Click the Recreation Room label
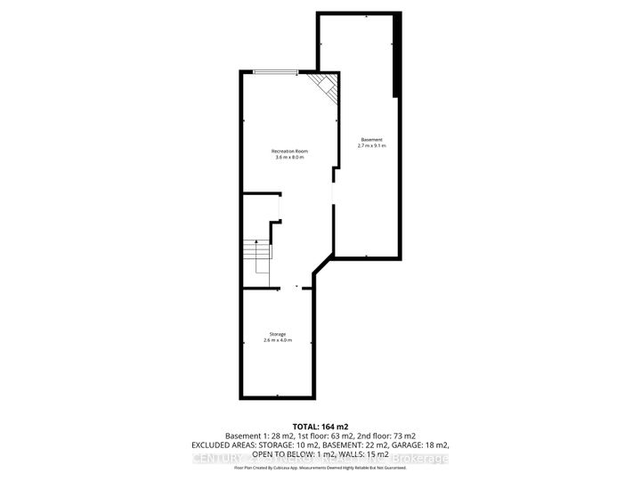click(288, 151)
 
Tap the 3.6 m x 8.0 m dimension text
click(288, 159)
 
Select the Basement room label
click(372, 139)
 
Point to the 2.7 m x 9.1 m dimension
click(372, 145)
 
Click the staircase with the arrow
click(256, 258)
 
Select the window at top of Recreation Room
click(271, 72)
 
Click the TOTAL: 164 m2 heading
click(320, 425)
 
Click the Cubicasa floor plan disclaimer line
click(320, 467)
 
